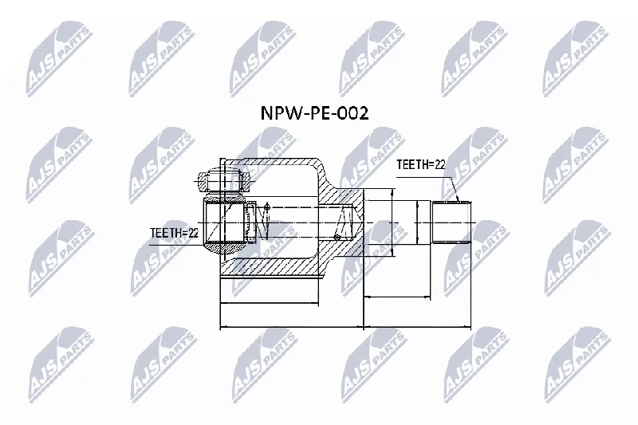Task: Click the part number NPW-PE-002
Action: [314, 113]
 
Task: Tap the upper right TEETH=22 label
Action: [421, 164]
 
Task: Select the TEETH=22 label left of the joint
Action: [174, 233]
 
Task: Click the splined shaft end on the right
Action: [451, 222]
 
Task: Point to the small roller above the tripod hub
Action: [223, 181]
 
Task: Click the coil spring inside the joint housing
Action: [261, 222]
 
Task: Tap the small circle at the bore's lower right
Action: [337, 237]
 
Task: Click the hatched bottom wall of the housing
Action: [269, 267]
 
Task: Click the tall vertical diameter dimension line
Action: [392, 222]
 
